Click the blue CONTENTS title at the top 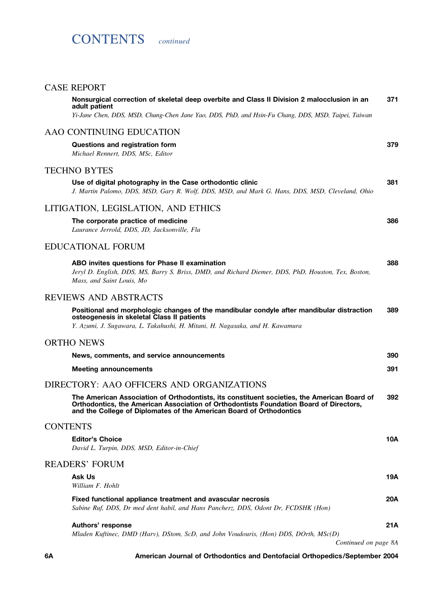point(108,40)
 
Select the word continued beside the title point(174,41)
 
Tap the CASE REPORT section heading point(75,87)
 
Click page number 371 point(392,99)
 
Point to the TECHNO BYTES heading point(79,170)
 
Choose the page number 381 point(392,182)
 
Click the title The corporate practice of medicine point(129,221)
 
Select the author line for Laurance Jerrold point(136,230)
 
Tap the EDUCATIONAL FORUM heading point(94,247)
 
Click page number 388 point(392,263)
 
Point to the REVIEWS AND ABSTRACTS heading point(103,297)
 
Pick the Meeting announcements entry point(112,369)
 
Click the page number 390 point(392,356)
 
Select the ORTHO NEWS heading point(74,343)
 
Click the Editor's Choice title point(97,439)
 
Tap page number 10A point(392,439)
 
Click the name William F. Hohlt point(95,486)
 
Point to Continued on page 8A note point(367,543)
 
